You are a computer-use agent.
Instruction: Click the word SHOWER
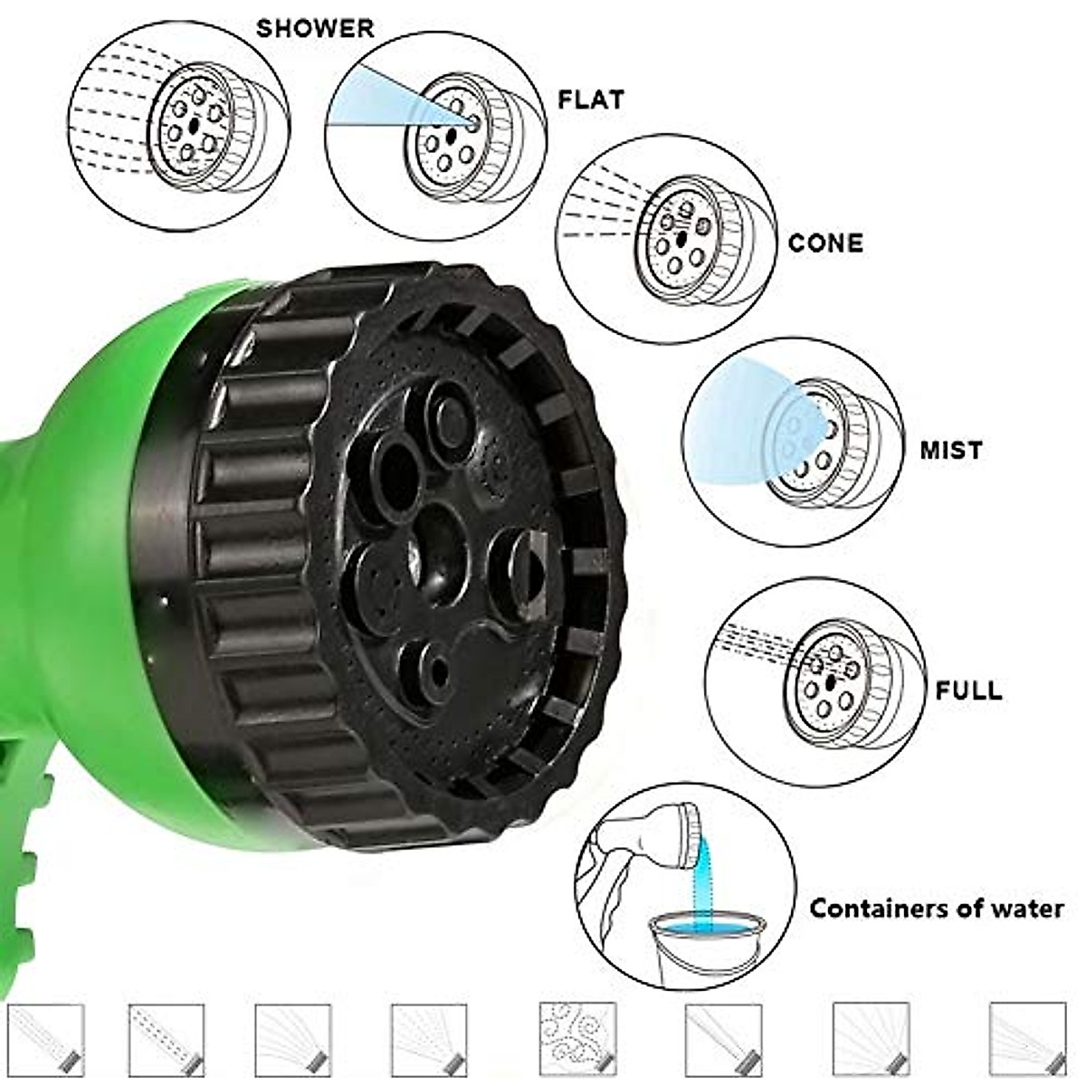point(315,28)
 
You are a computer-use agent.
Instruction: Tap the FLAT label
point(591,99)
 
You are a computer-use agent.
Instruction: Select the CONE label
point(825,243)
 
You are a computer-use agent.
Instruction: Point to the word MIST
point(951,450)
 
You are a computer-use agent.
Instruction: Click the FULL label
point(968,691)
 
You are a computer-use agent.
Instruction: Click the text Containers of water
point(937,908)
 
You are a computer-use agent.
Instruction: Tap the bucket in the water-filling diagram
point(707,941)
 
